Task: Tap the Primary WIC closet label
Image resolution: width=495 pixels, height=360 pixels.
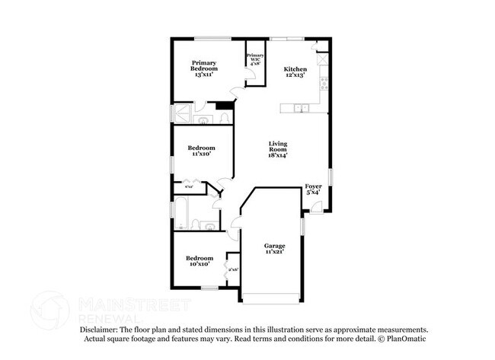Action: click(254, 59)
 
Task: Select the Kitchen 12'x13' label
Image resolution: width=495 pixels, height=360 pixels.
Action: click(295, 70)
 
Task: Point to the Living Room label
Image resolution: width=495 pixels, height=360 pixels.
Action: click(276, 148)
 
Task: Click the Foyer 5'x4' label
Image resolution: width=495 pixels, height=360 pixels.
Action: click(313, 189)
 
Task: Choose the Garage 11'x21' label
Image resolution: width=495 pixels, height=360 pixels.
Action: click(274, 249)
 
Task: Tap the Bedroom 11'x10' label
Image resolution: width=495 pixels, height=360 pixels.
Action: click(201, 151)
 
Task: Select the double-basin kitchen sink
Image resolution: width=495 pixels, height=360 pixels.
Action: click(303, 107)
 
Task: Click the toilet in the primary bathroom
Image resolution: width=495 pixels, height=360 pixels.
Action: click(224, 119)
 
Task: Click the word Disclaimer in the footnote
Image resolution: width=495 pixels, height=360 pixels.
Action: click(100, 329)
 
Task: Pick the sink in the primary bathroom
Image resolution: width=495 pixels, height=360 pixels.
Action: click(205, 120)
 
